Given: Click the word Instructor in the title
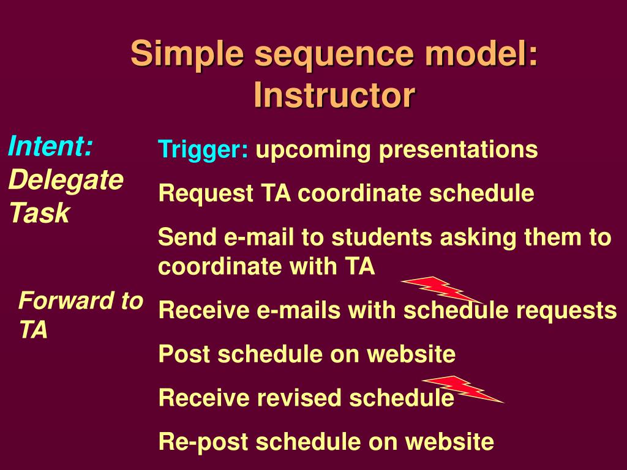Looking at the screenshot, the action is click(x=334, y=95).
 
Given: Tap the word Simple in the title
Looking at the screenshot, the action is click(x=187, y=54).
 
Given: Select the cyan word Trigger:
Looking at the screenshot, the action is click(x=203, y=150).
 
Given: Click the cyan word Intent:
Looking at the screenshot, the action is click(x=50, y=146).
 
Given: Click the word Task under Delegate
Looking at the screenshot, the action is click(x=40, y=212).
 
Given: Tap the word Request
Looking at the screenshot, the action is click(x=206, y=193).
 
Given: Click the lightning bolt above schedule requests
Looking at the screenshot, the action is click(x=441, y=289).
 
